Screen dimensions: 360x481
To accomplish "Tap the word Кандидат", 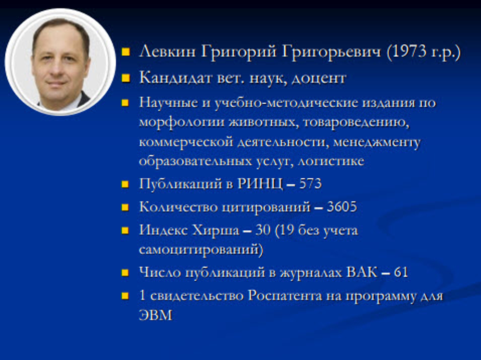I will pyautogui.click(x=168, y=77).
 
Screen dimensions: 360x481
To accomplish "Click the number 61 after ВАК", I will pyautogui.click(x=401, y=273).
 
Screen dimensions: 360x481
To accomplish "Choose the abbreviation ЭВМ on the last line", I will pyautogui.click(x=155, y=316).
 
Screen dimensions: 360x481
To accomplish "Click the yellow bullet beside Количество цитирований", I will pyautogui.click(x=126, y=208).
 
